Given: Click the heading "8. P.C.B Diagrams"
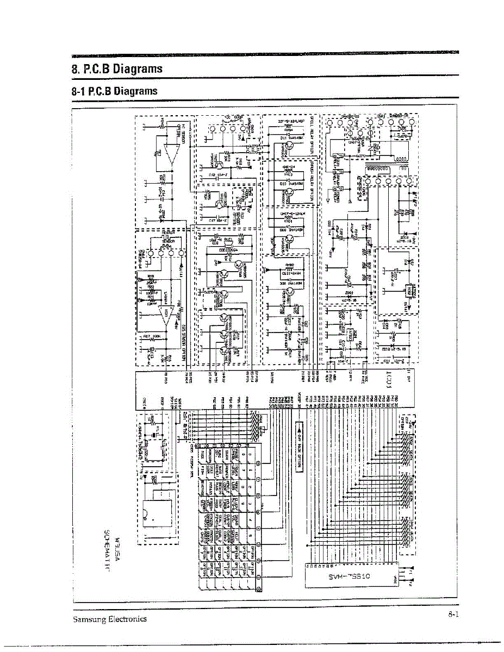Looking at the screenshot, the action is click(x=117, y=69).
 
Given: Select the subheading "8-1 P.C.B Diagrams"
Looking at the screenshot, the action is click(x=115, y=91).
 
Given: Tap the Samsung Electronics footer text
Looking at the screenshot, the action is click(x=109, y=619).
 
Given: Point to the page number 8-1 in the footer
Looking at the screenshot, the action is click(x=454, y=615).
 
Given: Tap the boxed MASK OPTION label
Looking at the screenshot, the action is click(x=298, y=448).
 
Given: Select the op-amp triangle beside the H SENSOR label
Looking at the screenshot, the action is click(x=173, y=156).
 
